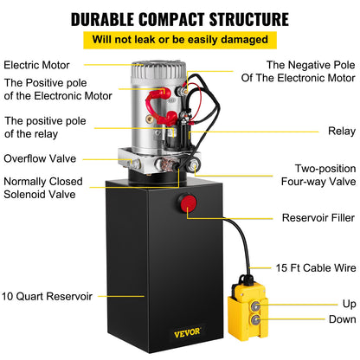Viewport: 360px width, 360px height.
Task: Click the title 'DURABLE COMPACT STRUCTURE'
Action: click(x=180, y=18)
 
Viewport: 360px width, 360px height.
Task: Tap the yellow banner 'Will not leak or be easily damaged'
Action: click(x=180, y=40)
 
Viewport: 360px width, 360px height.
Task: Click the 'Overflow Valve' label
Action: click(x=39, y=159)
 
